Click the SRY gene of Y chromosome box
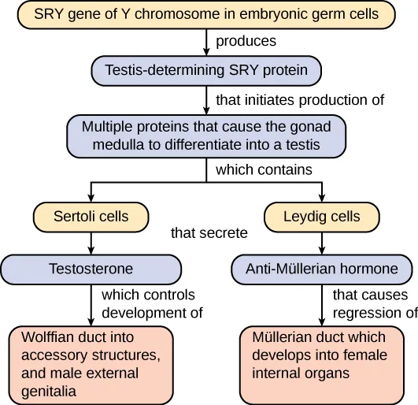[206, 14]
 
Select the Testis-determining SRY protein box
[205, 70]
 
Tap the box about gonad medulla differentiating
[206, 136]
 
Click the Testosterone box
[91, 269]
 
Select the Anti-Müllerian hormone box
[322, 269]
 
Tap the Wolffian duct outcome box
[91, 363]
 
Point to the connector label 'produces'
[246, 41]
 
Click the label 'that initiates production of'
[299, 100]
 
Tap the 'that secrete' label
[209, 232]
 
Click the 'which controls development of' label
[152, 304]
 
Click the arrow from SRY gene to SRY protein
[206, 42]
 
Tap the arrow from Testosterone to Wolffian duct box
[91, 303]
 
